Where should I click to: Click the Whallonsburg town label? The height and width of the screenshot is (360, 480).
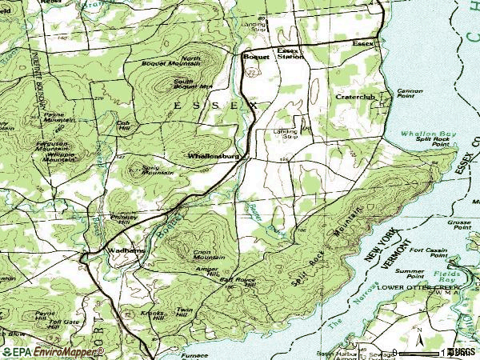[214, 156]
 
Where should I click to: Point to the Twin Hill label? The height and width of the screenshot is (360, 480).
[185, 312]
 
